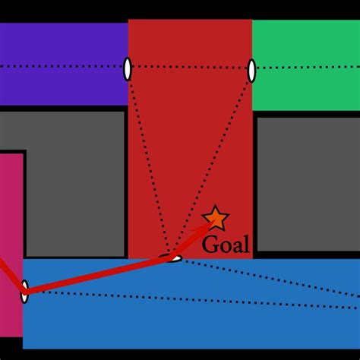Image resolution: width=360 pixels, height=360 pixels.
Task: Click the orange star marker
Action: point(216,219)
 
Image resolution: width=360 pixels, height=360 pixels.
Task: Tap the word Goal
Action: point(226,244)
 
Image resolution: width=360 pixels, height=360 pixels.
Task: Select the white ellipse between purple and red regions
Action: point(128,68)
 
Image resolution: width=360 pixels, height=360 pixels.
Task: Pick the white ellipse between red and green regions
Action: point(251,71)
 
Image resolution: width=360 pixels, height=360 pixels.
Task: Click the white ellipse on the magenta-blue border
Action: point(24,291)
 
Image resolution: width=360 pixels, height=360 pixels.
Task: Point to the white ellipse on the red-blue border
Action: point(174,258)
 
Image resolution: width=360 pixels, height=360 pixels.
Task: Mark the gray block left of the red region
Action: point(76,182)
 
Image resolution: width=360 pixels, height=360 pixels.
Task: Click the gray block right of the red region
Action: point(308,182)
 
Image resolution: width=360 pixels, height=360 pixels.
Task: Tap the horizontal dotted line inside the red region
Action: point(190,67)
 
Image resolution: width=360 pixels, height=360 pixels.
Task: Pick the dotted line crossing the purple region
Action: point(61,67)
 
